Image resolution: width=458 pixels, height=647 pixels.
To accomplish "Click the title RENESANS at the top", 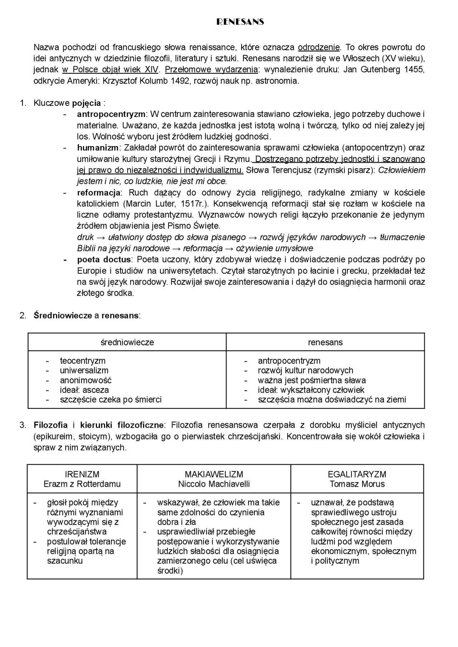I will (240, 22).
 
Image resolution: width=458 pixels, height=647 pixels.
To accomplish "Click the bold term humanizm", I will (98, 148).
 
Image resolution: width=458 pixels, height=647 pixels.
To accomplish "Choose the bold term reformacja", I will (99, 193).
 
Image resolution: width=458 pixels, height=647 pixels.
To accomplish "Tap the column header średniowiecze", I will (127, 342).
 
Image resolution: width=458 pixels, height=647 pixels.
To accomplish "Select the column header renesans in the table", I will (325, 342).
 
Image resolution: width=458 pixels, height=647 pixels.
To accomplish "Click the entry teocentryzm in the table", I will (83, 361).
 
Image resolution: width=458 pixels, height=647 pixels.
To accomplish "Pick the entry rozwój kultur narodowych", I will (305, 370).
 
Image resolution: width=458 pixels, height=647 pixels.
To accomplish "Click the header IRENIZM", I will (82, 475).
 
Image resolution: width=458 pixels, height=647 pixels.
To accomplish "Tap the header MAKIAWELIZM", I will (214, 475).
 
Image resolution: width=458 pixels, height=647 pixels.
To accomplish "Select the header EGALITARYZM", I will (357, 475).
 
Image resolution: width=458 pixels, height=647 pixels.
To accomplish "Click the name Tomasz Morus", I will (357, 484).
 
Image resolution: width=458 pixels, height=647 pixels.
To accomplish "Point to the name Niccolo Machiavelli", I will (214, 484).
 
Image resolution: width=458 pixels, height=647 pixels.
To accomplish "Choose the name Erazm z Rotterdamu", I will (82, 484).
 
